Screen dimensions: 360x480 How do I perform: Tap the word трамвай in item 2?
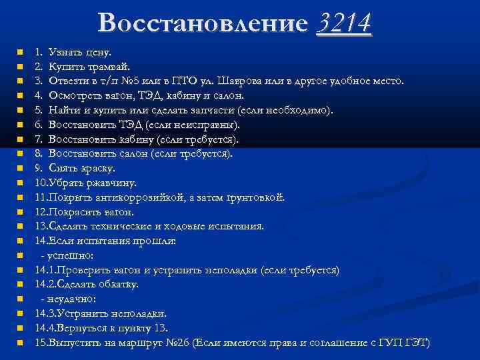pyautogui.click(x=111, y=66)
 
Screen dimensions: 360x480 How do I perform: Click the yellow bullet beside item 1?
pyautogui.click(x=21, y=51)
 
